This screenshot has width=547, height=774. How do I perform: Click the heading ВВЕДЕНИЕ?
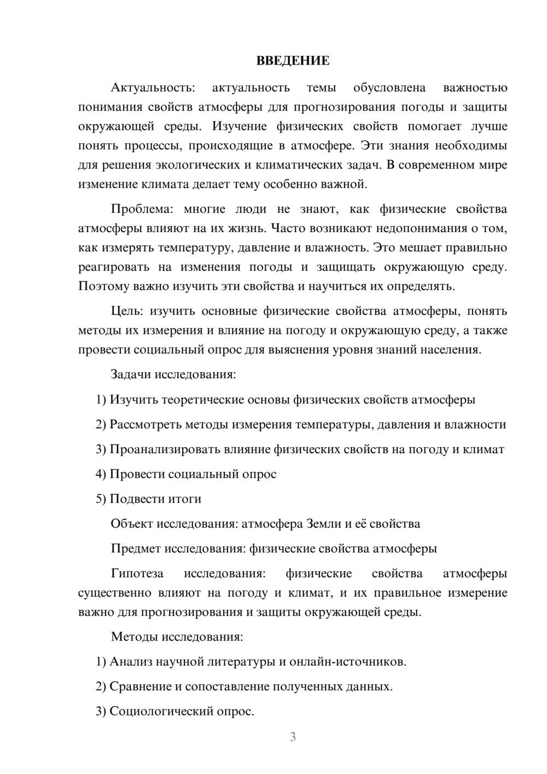[293, 61]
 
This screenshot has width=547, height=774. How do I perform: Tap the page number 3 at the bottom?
[293, 737]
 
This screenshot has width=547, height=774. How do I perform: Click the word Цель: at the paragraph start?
[127, 311]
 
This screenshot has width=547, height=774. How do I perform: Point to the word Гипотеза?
[137, 574]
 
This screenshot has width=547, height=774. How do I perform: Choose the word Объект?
[132, 524]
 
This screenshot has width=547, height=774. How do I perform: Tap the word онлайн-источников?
[347, 662]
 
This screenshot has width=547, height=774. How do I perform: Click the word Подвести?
[135, 499]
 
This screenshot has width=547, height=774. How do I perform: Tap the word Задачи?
[131, 375]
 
